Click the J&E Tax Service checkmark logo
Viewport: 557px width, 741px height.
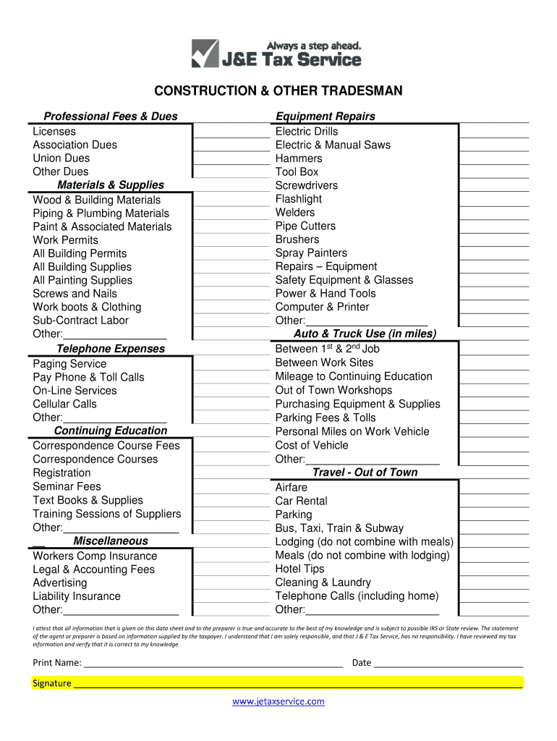tap(205, 54)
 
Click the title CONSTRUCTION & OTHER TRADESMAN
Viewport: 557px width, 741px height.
tap(278, 91)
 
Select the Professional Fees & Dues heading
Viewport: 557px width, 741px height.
tap(111, 117)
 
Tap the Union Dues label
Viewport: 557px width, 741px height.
tap(61, 158)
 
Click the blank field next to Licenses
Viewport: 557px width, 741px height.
tap(231, 131)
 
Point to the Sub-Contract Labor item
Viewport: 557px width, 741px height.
tap(80, 321)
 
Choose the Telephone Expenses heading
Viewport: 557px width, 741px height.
tap(111, 349)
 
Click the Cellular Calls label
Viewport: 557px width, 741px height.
tap(64, 405)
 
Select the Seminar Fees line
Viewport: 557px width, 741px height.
tap(67, 487)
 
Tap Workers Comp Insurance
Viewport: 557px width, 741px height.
tap(95, 556)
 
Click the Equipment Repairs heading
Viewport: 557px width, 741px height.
tap(325, 117)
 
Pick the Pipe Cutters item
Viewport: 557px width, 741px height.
tap(305, 226)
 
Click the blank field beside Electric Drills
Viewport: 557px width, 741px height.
tap(495, 131)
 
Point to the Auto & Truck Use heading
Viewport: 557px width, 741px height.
tap(365, 334)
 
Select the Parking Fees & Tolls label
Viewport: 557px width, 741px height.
tap(326, 418)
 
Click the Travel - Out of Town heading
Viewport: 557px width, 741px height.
tap(365, 473)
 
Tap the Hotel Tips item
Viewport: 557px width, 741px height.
tap(299, 569)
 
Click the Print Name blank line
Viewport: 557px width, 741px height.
tap(213, 663)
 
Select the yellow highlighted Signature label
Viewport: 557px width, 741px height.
tap(52, 683)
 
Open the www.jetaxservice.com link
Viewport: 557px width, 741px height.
tap(278, 701)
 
